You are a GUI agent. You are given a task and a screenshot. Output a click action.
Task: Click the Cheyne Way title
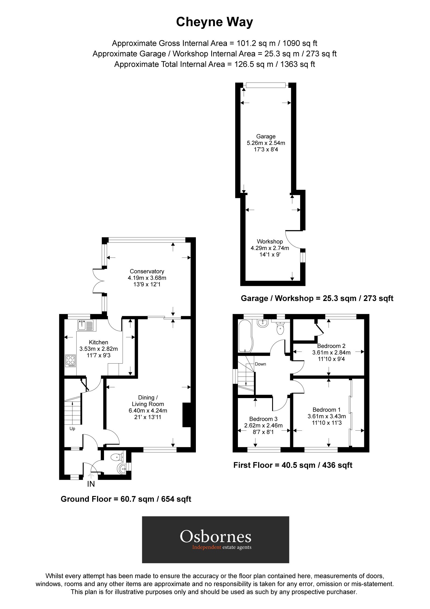214,22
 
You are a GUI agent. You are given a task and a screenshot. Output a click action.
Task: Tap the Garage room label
266,136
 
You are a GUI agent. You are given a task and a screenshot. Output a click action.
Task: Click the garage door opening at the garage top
265,85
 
